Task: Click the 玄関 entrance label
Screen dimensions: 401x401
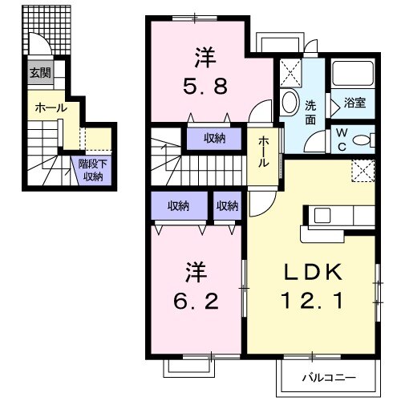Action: [x=39, y=73]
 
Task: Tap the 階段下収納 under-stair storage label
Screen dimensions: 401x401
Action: [x=90, y=170]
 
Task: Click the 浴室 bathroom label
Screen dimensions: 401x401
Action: [x=354, y=103]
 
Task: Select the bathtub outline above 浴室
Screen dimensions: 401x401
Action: [x=354, y=76]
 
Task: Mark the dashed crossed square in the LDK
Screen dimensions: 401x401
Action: [x=363, y=170]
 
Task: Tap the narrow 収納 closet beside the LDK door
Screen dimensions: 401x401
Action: [x=227, y=206]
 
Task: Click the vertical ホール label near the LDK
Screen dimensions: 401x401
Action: [x=263, y=151]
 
